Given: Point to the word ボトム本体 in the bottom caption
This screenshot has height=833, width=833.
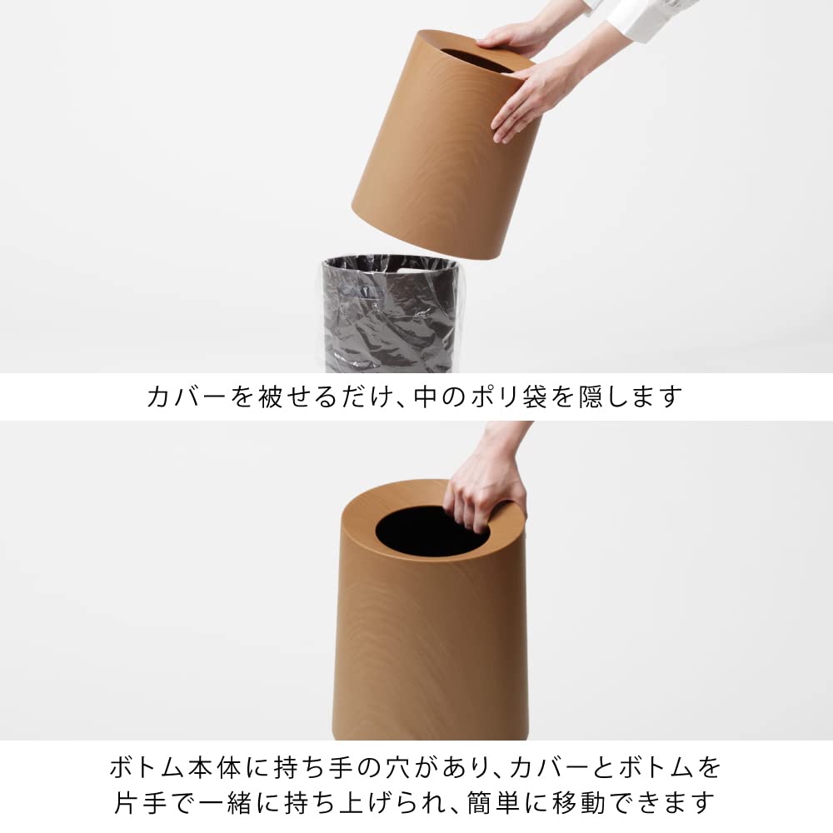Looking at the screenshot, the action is point(176,768).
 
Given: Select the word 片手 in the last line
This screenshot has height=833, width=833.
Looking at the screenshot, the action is point(142,803).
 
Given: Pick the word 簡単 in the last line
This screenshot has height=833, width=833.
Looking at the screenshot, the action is point(493,803).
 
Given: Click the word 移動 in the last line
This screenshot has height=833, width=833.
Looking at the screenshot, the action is point(579,803).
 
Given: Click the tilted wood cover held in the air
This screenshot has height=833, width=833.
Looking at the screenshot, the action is point(446,144).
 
